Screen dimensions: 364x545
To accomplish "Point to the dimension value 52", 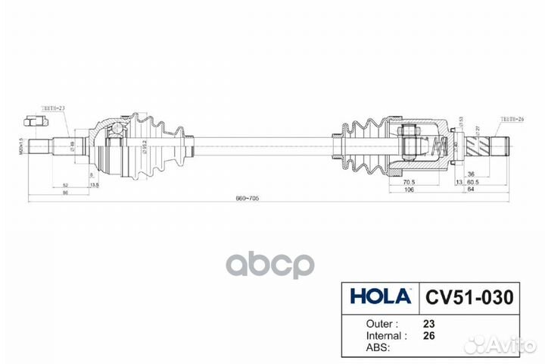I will (x=67, y=184).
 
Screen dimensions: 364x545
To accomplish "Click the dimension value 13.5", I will (x=94, y=184).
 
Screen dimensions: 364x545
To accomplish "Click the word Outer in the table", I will (x=366, y=322).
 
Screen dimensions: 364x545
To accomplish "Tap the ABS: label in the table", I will (x=361, y=347).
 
